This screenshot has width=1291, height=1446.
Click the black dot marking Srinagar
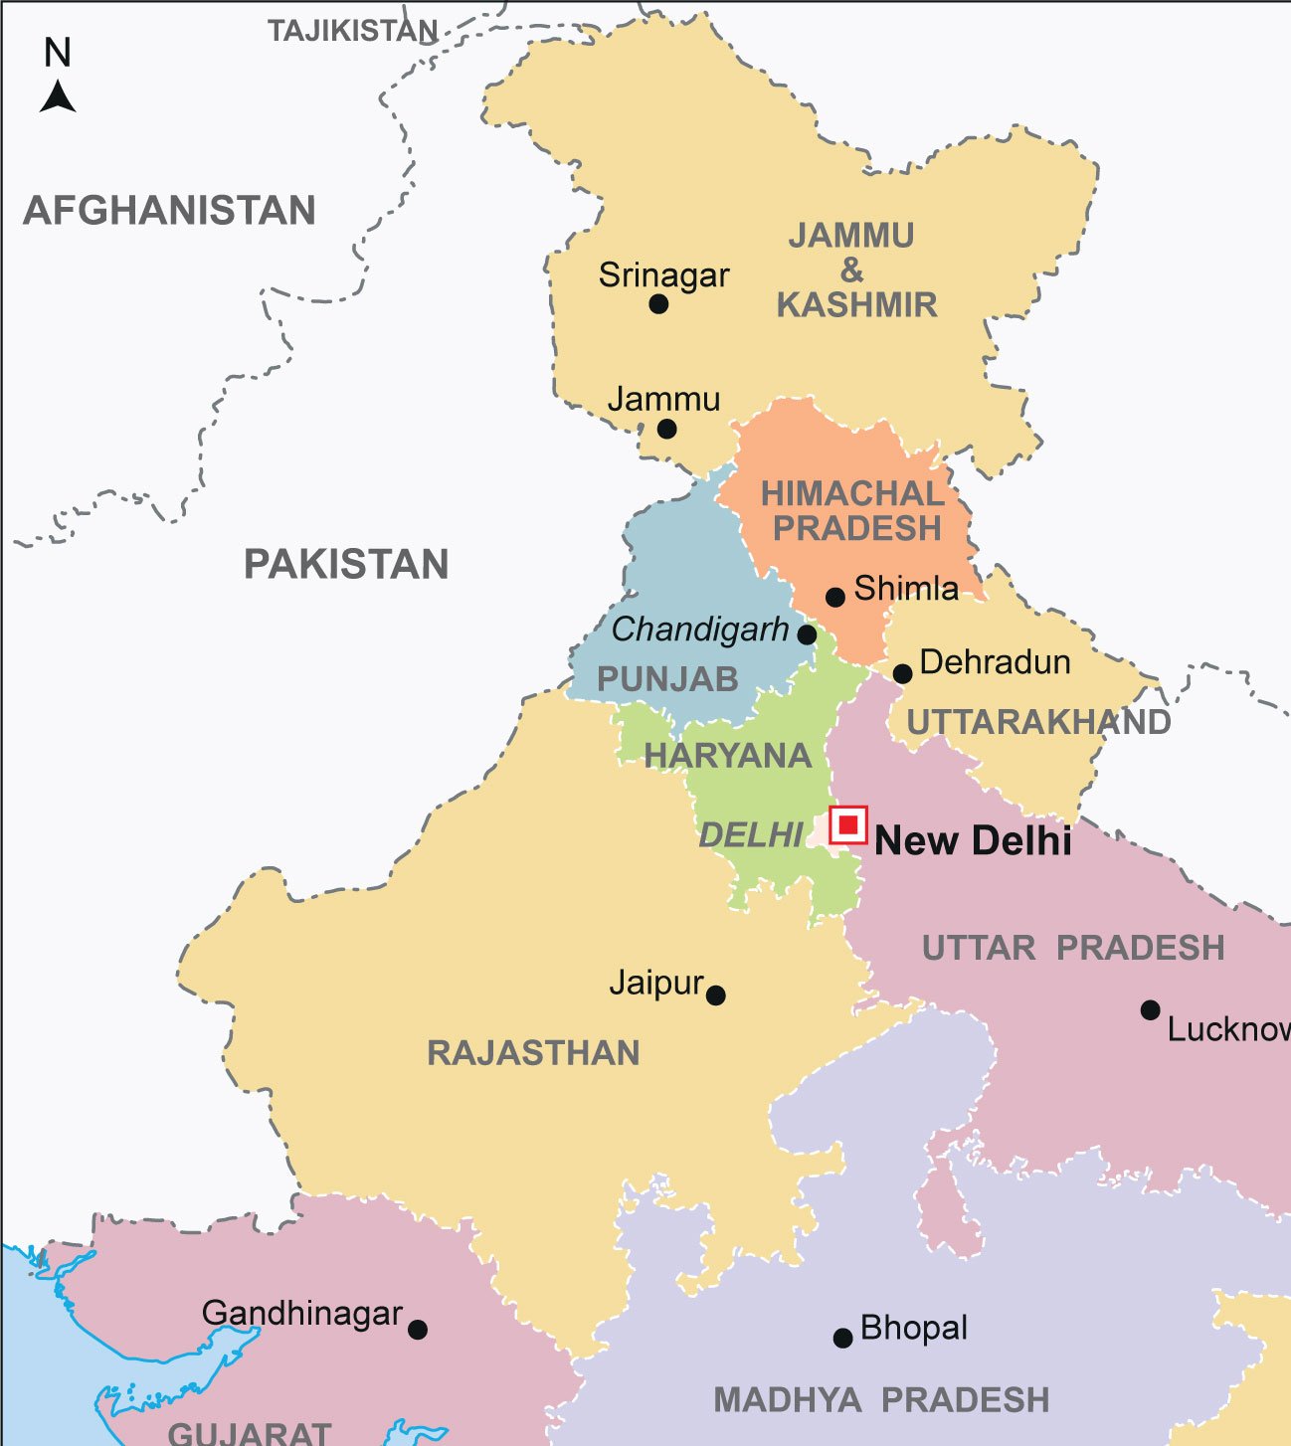click(658, 304)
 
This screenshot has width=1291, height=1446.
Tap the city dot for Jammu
click(667, 429)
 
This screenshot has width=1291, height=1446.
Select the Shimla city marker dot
click(835, 597)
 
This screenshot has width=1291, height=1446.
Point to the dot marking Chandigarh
click(808, 634)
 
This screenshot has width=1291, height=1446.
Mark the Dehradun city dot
click(902, 674)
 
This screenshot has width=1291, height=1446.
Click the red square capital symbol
click(848, 824)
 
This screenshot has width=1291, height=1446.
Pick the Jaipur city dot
click(716, 994)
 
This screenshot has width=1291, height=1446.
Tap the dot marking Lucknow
click(1150, 1010)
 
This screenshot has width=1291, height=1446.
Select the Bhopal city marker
click(842, 1338)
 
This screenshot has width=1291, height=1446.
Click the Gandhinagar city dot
click(418, 1330)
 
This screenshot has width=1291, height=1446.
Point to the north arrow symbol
click(58, 97)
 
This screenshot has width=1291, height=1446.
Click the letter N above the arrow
click(58, 53)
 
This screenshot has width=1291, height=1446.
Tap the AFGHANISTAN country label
click(169, 211)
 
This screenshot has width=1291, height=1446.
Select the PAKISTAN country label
click(346, 565)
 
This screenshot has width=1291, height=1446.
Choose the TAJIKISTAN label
click(352, 32)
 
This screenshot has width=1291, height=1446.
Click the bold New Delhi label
click(973, 841)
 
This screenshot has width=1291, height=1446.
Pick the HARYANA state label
click(728, 756)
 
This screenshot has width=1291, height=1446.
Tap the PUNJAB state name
click(667, 680)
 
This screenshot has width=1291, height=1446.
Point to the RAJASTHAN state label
click(533, 1053)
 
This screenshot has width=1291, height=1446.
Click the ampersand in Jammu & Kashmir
click(852, 271)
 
